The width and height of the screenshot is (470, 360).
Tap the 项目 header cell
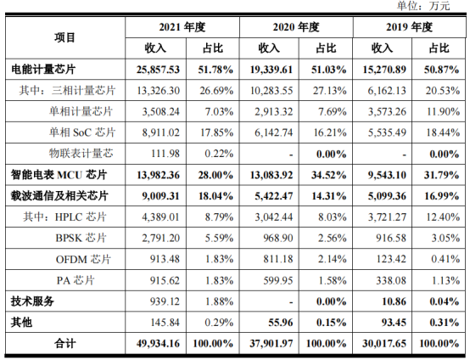64,37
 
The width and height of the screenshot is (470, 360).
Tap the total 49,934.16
153,341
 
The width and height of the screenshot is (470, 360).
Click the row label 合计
64,341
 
